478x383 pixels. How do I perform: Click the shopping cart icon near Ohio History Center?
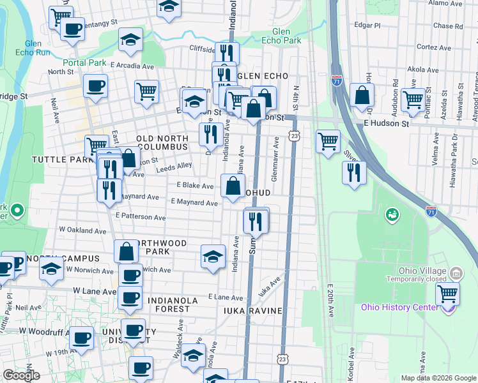click(447, 294)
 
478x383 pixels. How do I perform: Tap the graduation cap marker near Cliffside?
click(130, 40)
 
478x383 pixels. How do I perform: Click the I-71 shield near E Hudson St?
click(337, 80)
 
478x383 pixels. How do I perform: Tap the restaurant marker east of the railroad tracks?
click(353, 173)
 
